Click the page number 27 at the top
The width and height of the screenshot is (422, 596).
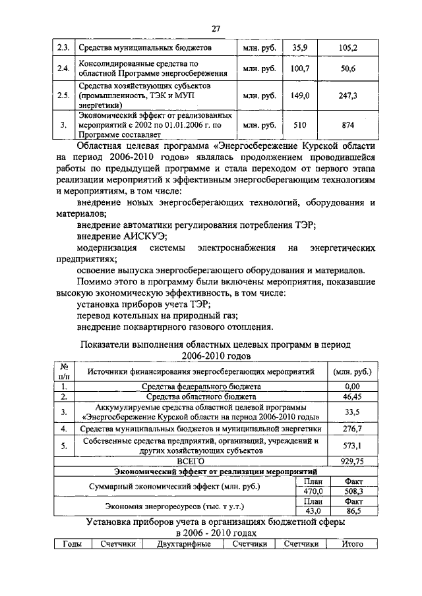215,28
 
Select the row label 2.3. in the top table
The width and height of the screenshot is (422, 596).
63,48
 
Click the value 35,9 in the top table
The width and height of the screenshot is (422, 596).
300,48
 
